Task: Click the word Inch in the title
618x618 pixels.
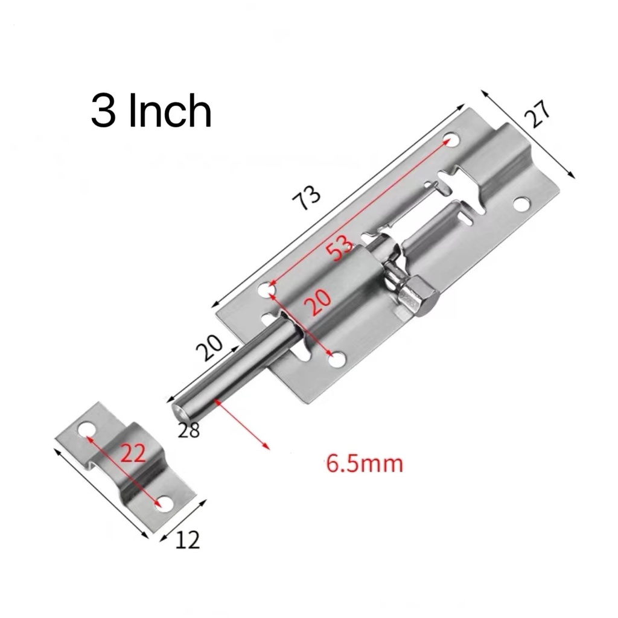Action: coord(170,110)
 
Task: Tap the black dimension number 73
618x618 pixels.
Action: coord(307,198)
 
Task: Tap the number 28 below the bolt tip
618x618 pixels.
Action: coord(189,430)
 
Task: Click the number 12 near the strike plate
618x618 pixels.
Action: coord(187,540)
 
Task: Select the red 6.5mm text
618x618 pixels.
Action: coord(365,463)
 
